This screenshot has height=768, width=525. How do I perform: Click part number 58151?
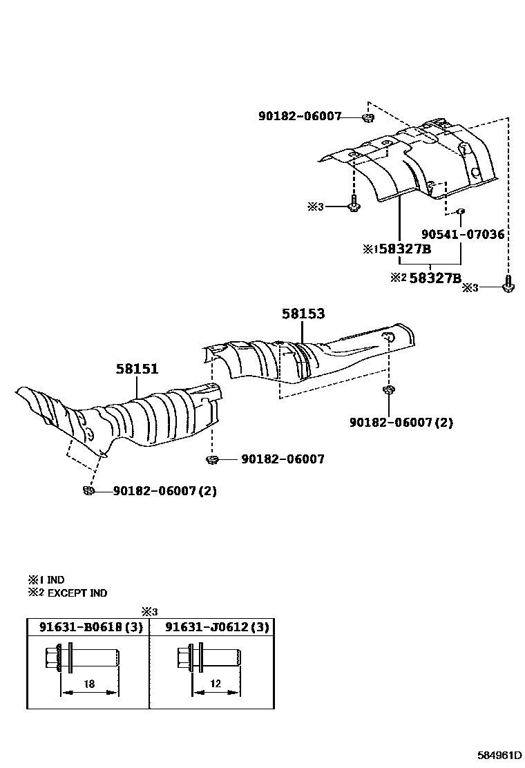(137, 369)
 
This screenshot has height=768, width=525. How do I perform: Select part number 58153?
(303, 314)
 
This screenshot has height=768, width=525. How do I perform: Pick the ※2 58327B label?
(426, 278)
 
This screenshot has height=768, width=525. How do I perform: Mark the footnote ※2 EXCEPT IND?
(67, 593)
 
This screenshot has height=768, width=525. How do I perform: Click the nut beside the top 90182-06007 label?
(367, 117)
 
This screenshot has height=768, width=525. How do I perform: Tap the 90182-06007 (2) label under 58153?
(401, 422)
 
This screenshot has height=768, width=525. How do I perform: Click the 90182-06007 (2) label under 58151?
(155, 491)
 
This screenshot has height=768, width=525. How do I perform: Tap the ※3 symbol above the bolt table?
(150, 611)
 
